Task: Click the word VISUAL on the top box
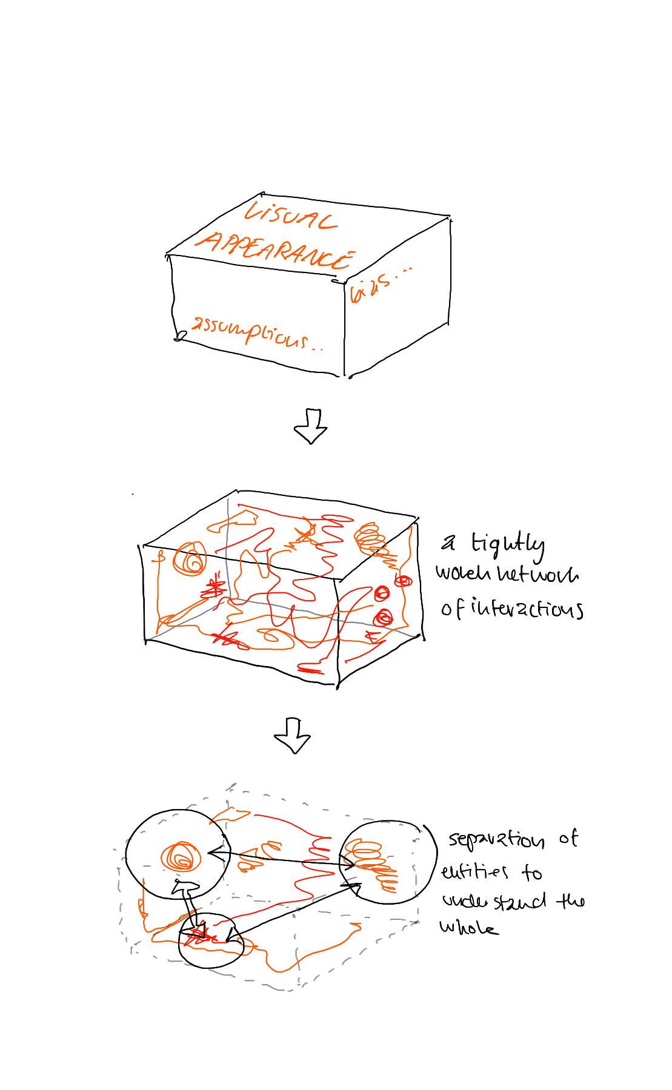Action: [x=290, y=216]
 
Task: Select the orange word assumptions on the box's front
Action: [x=248, y=335]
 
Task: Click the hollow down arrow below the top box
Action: [x=310, y=426]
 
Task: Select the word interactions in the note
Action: [x=521, y=608]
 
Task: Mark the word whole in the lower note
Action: [x=469, y=928]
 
